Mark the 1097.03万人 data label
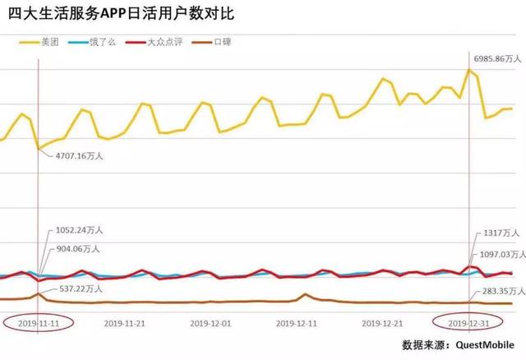pyautogui.click(x=501, y=255)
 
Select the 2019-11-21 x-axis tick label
pyautogui.click(x=125, y=323)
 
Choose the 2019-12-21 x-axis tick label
pyautogui.click(x=382, y=323)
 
